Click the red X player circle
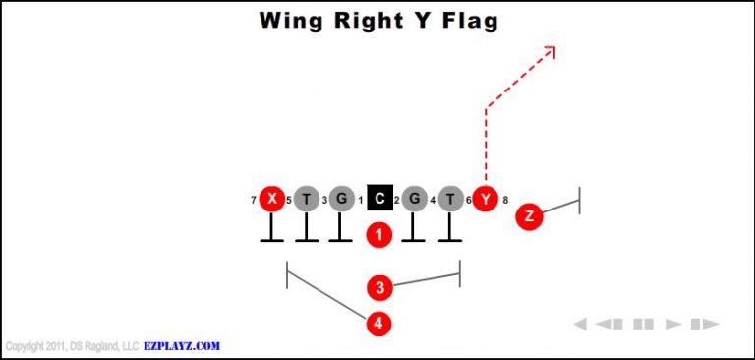pyautogui.click(x=272, y=200)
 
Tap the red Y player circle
pyautogui.click(x=486, y=200)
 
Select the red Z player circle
pyautogui.click(x=529, y=216)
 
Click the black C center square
pyautogui.click(x=379, y=200)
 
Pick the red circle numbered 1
pyautogui.click(x=379, y=235)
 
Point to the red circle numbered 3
pyautogui.click(x=379, y=288)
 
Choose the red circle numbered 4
pyautogui.click(x=379, y=323)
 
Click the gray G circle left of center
pyautogui.click(x=341, y=200)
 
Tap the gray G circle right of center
pyautogui.click(x=415, y=200)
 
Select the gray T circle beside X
pyautogui.click(x=307, y=200)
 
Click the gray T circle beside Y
pyautogui.click(x=450, y=200)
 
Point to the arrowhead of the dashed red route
pyautogui.click(x=552, y=50)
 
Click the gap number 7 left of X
pyautogui.click(x=254, y=201)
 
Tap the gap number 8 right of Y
pyautogui.click(x=505, y=201)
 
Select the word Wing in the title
pyautogui.click(x=291, y=21)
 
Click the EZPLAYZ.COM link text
pyautogui.click(x=182, y=346)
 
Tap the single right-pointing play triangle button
pyautogui.click(x=673, y=324)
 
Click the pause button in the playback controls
pyautogui.click(x=643, y=324)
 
